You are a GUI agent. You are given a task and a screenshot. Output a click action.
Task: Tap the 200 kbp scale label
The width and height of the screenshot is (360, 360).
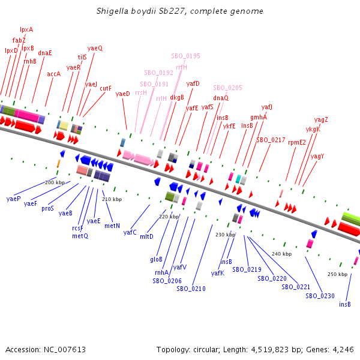[x=55, y=182]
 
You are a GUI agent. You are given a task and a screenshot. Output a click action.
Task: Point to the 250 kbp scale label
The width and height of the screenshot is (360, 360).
[x=337, y=274]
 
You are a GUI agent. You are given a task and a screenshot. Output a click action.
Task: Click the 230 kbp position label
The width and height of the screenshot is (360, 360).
[x=225, y=235]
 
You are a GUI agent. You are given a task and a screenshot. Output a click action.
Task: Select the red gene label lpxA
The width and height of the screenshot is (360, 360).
[x=26, y=29]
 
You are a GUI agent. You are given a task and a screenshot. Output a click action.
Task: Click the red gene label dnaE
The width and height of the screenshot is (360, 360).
[x=45, y=53]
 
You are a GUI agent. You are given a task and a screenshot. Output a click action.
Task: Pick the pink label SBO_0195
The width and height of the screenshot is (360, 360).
[x=185, y=56]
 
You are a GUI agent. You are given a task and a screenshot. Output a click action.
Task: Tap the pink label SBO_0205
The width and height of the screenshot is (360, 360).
[x=227, y=88]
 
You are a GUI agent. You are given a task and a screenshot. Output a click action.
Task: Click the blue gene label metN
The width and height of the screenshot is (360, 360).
[x=112, y=226]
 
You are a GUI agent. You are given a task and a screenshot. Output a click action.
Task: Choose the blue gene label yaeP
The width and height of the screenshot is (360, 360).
[x=14, y=199]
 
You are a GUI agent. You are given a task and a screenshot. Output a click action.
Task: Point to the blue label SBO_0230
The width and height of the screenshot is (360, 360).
[x=320, y=296]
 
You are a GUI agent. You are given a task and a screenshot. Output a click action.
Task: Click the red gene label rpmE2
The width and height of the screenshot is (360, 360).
[x=297, y=142]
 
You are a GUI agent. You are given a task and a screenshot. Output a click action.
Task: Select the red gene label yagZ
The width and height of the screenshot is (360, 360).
[x=321, y=119]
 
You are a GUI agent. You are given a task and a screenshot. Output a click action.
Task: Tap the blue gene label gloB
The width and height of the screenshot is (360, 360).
[x=156, y=259]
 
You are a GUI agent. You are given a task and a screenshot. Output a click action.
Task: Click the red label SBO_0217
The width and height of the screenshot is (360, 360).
[x=271, y=140]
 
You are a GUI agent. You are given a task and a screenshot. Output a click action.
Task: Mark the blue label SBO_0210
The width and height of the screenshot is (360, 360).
[x=191, y=289]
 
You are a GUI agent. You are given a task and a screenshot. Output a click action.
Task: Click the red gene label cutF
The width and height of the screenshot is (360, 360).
[x=106, y=88]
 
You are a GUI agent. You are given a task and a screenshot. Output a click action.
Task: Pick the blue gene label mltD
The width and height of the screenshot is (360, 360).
[x=146, y=236]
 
